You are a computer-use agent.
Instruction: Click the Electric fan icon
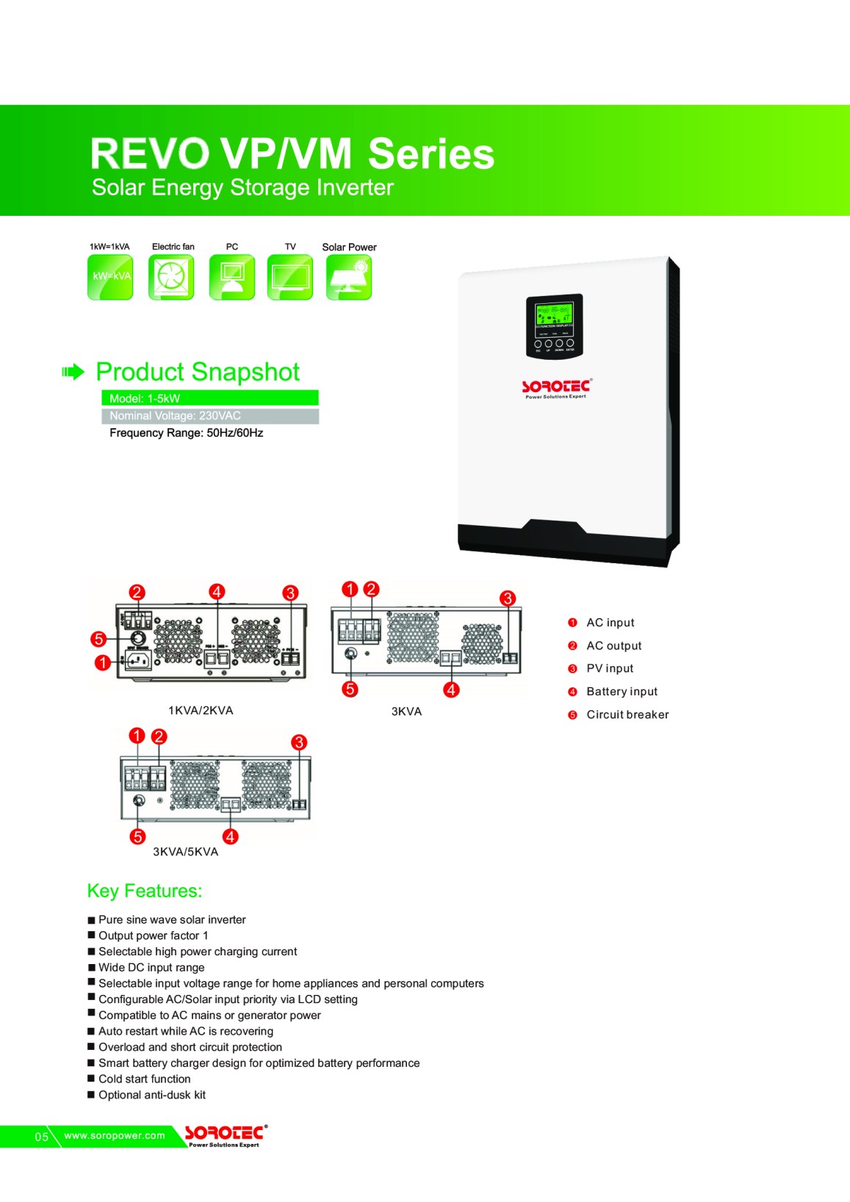(x=171, y=278)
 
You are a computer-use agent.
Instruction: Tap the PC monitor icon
(x=232, y=278)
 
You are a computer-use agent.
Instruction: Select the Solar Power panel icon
(x=349, y=278)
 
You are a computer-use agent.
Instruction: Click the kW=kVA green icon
(x=110, y=278)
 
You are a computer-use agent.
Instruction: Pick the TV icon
(x=289, y=278)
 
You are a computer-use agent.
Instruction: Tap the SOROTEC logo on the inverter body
(x=556, y=387)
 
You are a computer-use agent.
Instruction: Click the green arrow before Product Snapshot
(x=73, y=372)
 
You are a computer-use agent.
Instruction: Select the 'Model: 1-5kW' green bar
(x=209, y=398)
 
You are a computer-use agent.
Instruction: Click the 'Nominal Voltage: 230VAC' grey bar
(x=209, y=416)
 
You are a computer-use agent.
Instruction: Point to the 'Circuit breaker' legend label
(x=627, y=714)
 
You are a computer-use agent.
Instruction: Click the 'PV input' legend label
(x=610, y=668)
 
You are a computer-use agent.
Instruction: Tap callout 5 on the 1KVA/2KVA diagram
(x=98, y=639)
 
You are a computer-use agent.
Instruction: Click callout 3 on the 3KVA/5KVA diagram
(x=298, y=742)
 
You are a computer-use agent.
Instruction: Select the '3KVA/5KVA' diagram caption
(x=185, y=852)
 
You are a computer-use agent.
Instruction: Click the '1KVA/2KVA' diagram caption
(x=201, y=710)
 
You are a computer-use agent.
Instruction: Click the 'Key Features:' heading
(x=145, y=891)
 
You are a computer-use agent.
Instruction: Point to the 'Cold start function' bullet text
(x=145, y=1079)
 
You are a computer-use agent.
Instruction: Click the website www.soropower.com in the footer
(x=115, y=1135)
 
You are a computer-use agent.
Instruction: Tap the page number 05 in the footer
(x=42, y=1137)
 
